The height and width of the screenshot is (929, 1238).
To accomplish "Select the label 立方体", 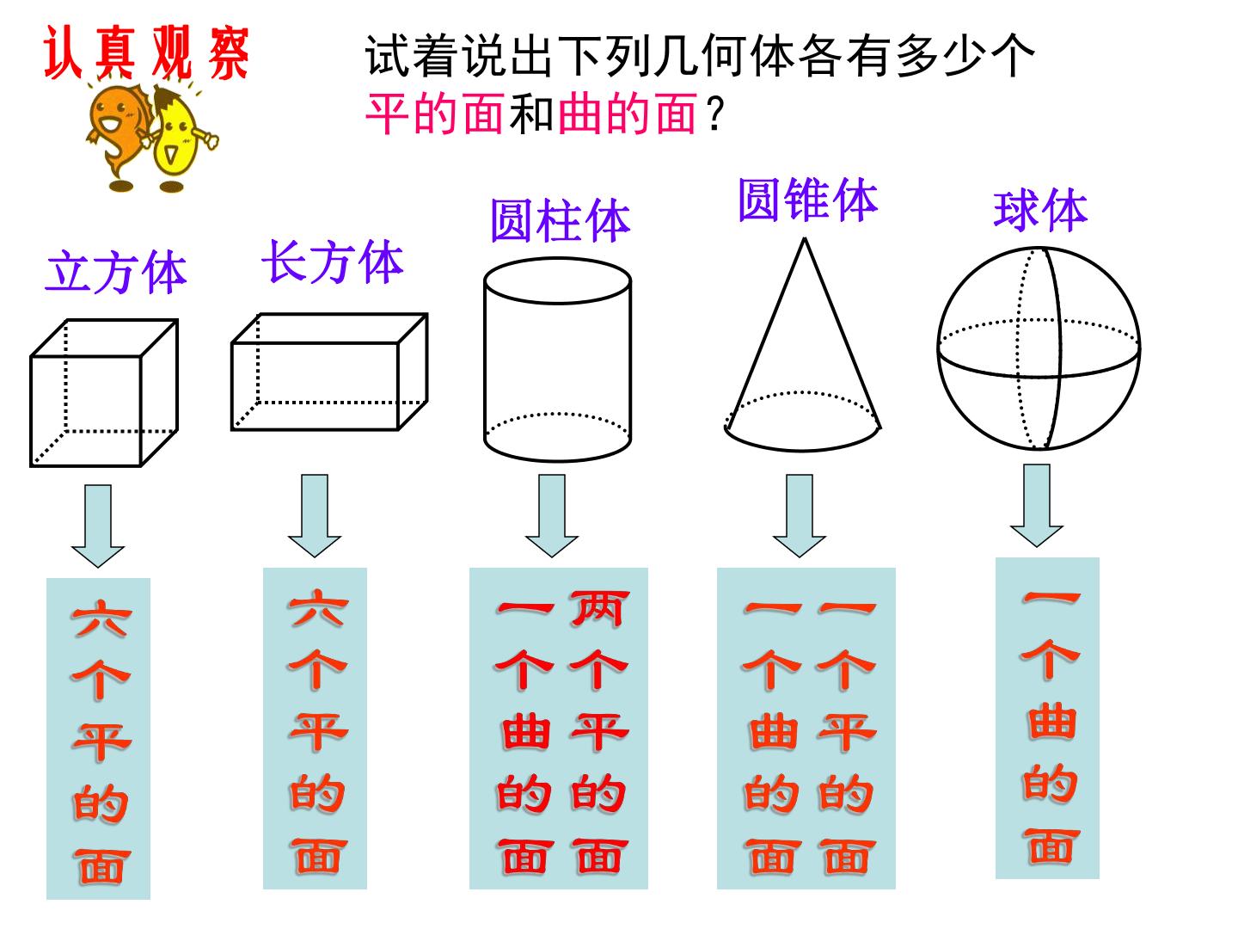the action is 115,273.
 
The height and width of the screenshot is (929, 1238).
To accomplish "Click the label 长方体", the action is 333,262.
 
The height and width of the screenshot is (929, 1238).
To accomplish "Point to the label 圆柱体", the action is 560,220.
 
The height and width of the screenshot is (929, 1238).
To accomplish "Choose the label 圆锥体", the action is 807,200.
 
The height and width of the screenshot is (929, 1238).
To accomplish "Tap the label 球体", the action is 1040,211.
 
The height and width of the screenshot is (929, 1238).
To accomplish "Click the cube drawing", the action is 104,393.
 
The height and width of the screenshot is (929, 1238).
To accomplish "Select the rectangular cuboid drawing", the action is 329,372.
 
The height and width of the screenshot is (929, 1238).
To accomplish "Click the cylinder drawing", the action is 557,360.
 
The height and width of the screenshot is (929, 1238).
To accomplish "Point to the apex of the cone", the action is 805,239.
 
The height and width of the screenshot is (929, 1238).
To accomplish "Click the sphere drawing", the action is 1039,348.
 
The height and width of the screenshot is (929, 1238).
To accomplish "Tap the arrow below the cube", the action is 97,526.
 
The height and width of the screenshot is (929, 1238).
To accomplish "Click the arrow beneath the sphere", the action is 1037,506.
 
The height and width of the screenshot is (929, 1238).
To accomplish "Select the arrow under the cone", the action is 800,516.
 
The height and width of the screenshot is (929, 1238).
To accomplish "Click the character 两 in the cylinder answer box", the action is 598,609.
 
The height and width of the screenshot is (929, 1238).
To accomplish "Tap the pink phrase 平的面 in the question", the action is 434,114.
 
